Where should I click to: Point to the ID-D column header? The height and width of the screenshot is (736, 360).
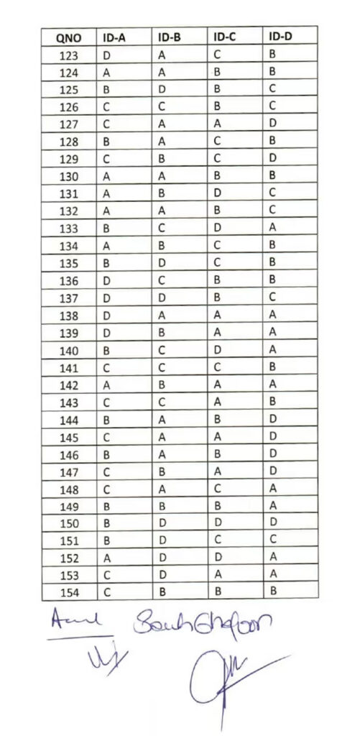280,37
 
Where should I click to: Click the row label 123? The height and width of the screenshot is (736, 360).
70,55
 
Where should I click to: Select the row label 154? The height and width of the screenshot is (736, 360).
70,591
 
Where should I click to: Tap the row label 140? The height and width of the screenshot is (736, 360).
70,349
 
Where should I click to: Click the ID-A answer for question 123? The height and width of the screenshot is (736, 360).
106,55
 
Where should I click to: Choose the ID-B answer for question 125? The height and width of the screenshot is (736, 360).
162,89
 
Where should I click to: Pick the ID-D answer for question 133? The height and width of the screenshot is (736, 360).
272,227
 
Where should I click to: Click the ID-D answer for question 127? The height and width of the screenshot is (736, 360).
272,124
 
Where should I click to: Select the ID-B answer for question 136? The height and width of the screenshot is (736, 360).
162,279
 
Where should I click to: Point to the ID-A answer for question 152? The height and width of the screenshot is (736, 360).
106,556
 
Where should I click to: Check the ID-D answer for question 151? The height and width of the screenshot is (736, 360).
272,539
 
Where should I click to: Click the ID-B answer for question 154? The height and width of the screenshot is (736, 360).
162,591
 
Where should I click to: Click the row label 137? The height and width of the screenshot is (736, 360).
70,297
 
